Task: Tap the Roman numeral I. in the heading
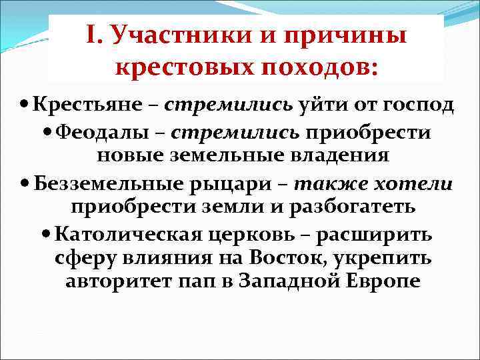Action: tap(95, 35)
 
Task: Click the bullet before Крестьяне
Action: tap(25, 105)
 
